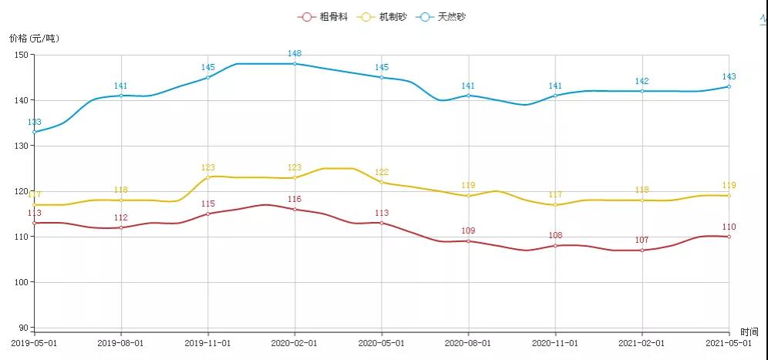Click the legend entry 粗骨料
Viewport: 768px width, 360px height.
pos(318,16)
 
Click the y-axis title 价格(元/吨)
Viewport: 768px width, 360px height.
pos(34,38)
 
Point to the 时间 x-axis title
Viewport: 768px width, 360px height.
pos(749,331)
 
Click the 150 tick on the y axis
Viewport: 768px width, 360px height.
pos(21,55)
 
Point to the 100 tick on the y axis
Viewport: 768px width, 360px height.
pos(21,282)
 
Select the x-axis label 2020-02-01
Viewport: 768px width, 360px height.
pos(295,341)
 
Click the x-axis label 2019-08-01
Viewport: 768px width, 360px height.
pos(121,341)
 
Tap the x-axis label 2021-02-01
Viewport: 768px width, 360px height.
pos(642,341)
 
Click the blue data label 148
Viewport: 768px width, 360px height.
pos(295,54)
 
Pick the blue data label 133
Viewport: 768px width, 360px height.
pos(35,123)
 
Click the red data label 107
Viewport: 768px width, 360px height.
pos(642,241)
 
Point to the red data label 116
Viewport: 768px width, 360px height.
pos(295,200)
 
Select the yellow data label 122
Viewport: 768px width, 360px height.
pos(382,173)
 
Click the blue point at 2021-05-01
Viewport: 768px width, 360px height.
pos(729,86)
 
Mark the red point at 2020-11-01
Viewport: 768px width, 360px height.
pos(555,246)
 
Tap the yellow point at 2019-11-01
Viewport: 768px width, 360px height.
pos(208,177)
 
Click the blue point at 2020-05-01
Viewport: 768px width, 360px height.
pos(382,77)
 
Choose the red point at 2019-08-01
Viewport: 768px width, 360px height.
pos(121,227)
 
